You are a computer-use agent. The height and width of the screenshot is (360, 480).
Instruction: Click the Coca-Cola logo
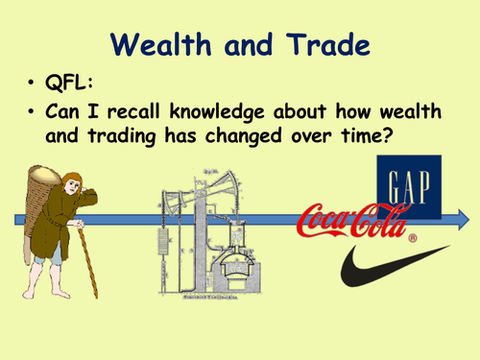tap(355, 222)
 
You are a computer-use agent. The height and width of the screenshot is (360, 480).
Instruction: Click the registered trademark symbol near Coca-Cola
tap(412, 237)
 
